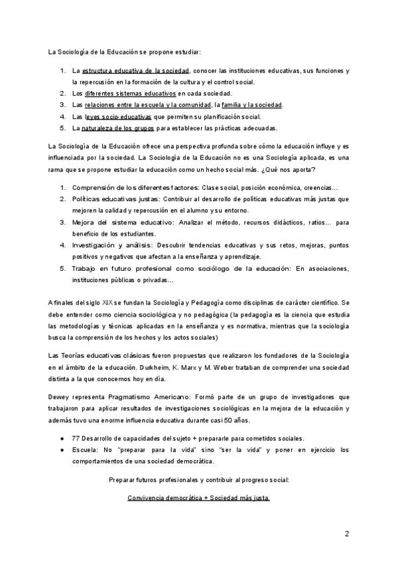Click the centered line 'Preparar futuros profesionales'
[199, 479]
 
